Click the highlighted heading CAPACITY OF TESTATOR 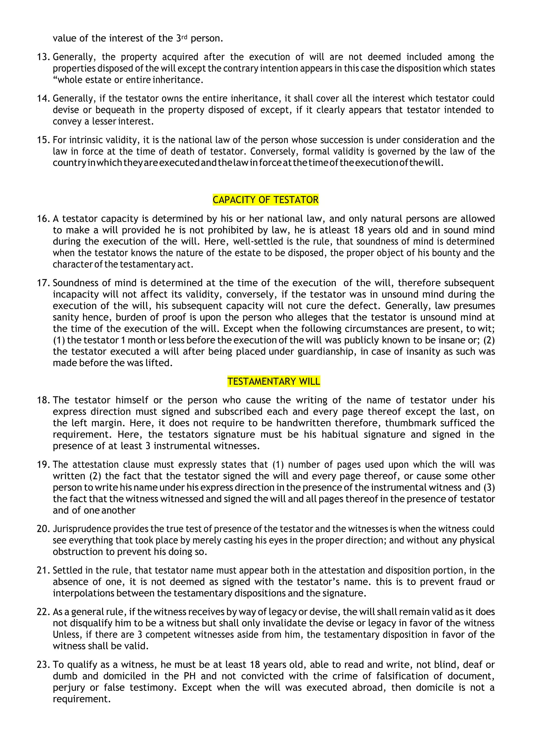pyautogui.click(x=265, y=200)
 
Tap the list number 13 pyautogui.click(x=43, y=57)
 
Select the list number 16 pyautogui.click(x=43, y=219)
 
